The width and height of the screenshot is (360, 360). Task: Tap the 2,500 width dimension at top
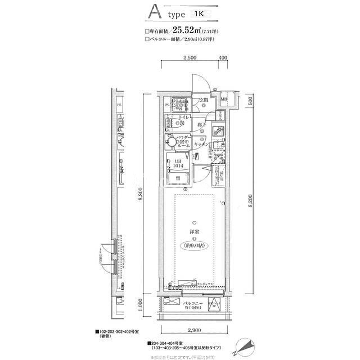(x=189, y=58)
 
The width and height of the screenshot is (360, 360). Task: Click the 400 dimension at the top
(x=223, y=58)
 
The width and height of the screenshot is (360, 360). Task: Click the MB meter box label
(x=224, y=100)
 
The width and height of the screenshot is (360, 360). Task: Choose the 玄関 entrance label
(x=204, y=100)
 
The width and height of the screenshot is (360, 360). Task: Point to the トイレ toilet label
(x=184, y=116)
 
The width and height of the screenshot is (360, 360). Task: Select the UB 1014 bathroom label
(x=177, y=164)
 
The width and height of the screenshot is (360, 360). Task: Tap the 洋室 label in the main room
(x=193, y=231)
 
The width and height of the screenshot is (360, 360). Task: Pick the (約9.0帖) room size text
(x=193, y=245)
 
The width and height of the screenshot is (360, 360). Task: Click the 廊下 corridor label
(x=201, y=125)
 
